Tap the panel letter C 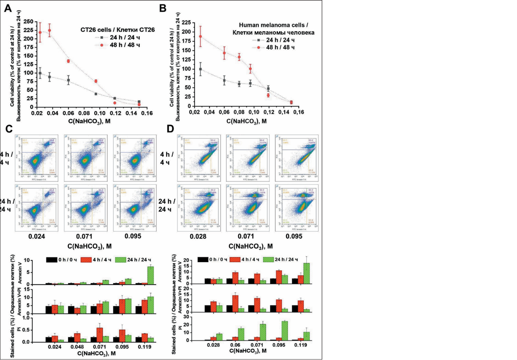tap(8, 129)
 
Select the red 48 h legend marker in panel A tap(102, 45)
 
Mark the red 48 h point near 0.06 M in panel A tap(68, 61)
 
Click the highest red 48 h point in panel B tap(200, 36)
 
